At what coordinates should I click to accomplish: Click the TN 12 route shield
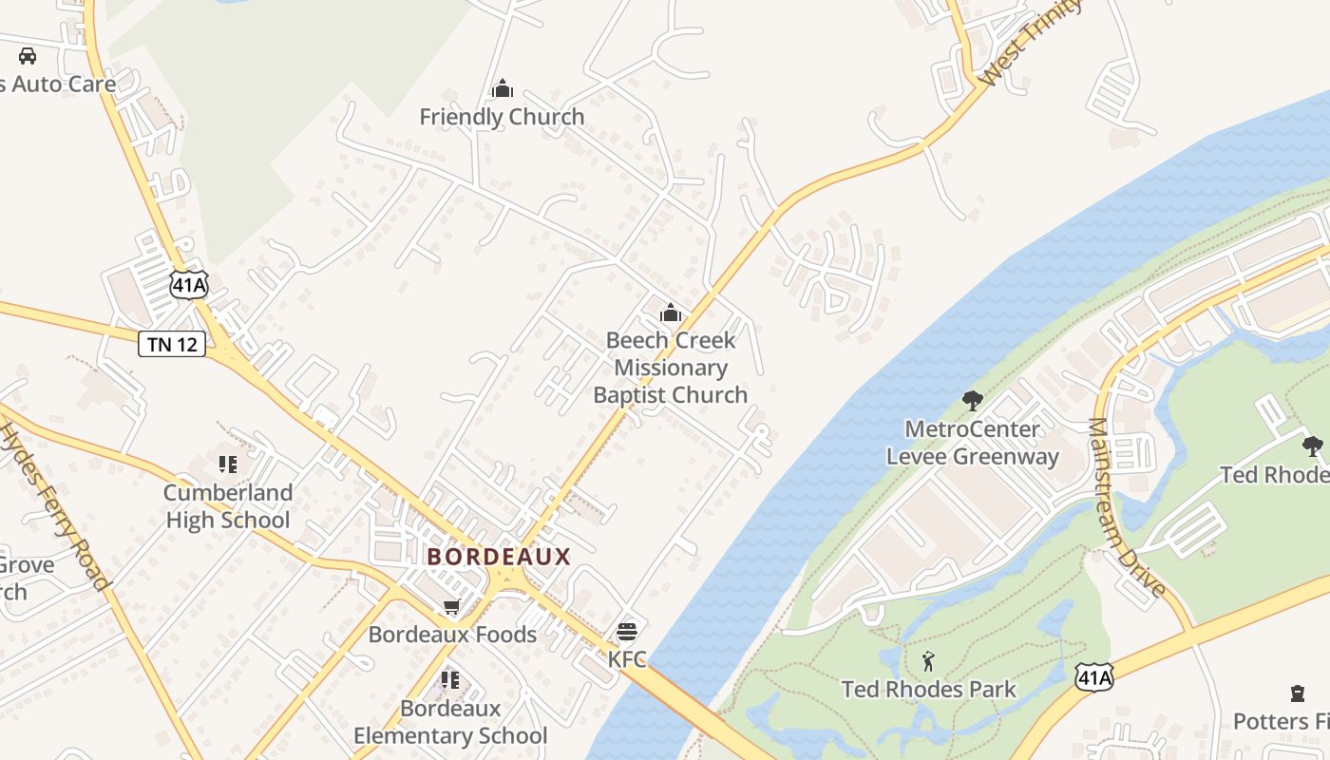[172, 344]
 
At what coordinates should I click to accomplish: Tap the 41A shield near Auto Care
[189, 284]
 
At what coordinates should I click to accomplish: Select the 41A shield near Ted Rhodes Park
[1093, 676]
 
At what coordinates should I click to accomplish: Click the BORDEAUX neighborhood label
[499, 557]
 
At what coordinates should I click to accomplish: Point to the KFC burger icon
[626, 632]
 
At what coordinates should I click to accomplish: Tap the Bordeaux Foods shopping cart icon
[452, 607]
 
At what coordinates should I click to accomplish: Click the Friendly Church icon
[502, 89]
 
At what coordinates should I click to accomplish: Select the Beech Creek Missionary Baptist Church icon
[671, 313]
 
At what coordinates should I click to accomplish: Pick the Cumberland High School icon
[228, 465]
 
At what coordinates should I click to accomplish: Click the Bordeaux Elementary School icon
[450, 680]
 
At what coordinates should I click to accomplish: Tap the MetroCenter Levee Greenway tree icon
[972, 401]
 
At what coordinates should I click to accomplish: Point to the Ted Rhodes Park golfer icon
[928, 661]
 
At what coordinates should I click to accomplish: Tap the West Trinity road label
[1030, 43]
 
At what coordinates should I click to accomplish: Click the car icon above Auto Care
[28, 55]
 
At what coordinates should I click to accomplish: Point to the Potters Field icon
[1298, 693]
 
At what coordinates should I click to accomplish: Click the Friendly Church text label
[502, 117]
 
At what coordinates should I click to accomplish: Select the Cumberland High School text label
[228, 506]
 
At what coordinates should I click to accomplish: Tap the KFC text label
[627, 658]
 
